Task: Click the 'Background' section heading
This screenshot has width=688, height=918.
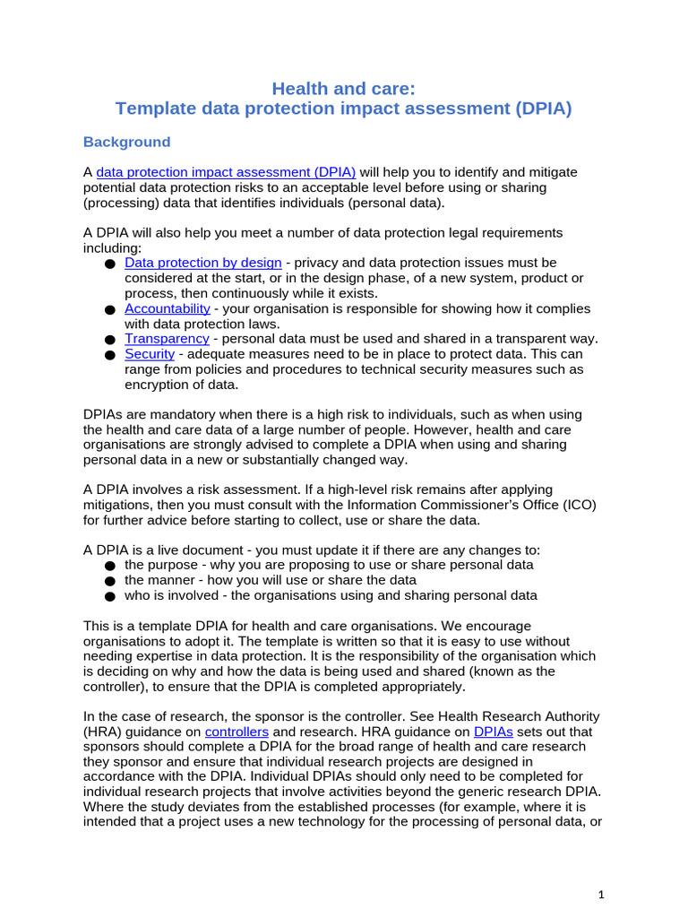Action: (x=126, y=142)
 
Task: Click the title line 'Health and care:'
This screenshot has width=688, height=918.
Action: (x=344, y=88)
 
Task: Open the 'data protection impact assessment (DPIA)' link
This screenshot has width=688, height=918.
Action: (x=226, y=171)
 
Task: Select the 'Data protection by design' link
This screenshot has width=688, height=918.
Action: (x=202, y=263)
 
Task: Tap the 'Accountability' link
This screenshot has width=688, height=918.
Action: (x=168, y=308)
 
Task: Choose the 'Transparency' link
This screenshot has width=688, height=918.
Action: (x=167, y=338)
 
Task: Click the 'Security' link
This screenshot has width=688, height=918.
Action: (x=149, y=354)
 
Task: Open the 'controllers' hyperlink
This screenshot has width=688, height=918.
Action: (x=236, y=732)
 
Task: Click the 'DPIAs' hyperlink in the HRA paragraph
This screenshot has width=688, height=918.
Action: (x=492, y=732)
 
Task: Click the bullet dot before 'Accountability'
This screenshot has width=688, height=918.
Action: (x=109, y=310)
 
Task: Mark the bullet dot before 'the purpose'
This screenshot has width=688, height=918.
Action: (x=109, y=567)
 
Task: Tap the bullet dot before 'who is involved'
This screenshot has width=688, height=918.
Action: (x=109, y=596)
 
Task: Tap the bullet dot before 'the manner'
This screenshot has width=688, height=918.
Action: (x=109, y=581)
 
